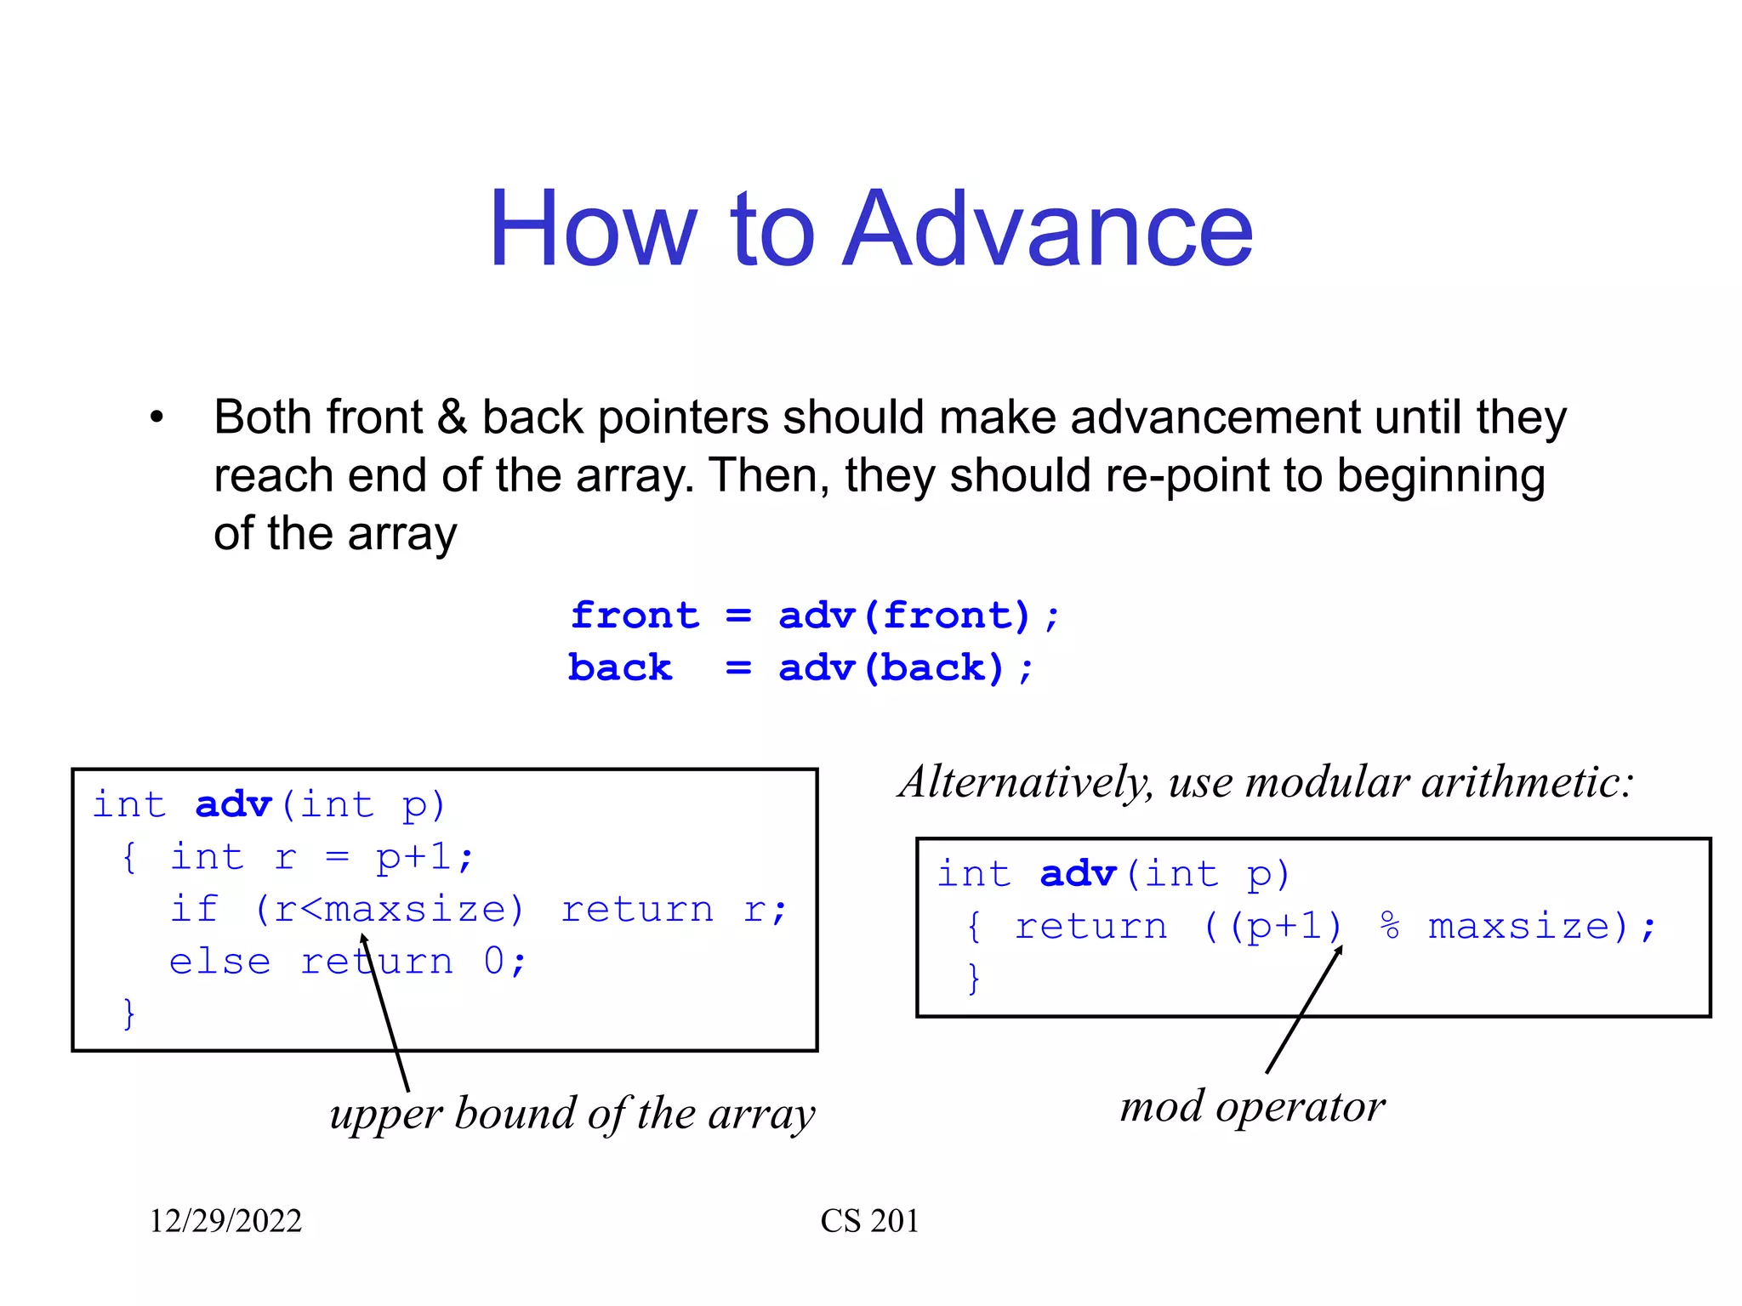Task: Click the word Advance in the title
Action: coord(1048,230)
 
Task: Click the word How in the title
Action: coord(593,230)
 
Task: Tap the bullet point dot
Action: coord(156,417)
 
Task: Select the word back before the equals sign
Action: coord(620,668)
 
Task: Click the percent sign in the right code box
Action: coord(1390,926)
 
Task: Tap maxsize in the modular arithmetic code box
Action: coord(1520,926)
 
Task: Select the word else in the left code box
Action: coord(219,962)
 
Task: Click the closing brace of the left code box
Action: coord(128,1014)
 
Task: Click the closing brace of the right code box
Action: coord(974,978)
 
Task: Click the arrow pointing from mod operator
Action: coord(1303,1010)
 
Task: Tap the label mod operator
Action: coord(1252,1107)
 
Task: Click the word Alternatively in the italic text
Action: coord(1025,782)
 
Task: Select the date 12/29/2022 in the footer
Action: coord(225,1221)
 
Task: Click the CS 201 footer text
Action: coord(869,1221)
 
